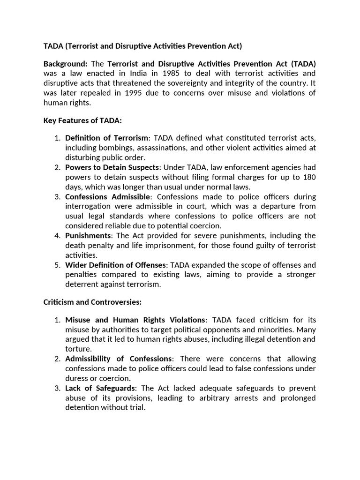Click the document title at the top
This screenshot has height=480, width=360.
142,46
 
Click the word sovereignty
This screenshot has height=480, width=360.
193,83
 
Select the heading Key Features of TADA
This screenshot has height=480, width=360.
82,120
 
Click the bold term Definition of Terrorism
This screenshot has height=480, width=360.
107,138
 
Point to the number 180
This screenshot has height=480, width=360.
308,177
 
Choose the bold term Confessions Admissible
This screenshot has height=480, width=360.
108,196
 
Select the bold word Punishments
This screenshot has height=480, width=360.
88,235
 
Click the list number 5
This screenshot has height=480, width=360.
57,265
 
